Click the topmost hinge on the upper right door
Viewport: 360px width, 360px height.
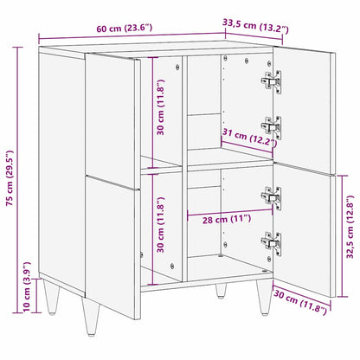point(271,80)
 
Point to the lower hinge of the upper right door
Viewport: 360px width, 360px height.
point(271,126)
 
